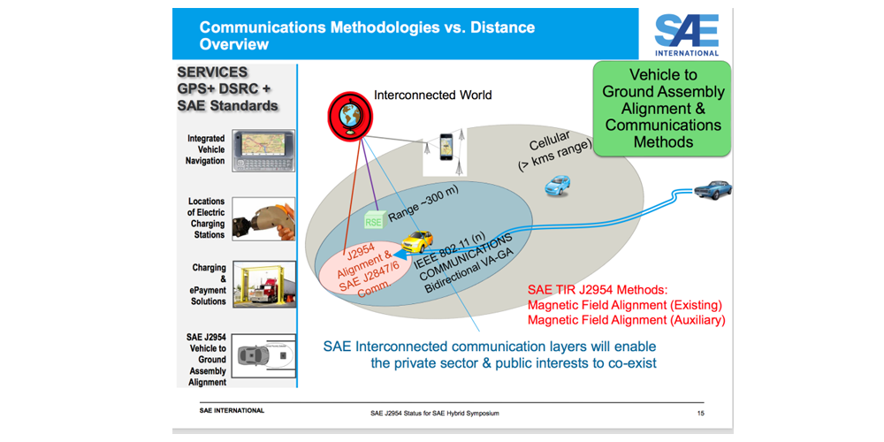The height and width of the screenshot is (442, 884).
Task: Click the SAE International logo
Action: coord(686,34)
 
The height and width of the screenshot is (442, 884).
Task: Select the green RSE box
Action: coord(375,221)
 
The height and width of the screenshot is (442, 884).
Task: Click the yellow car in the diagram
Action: coord(418,241)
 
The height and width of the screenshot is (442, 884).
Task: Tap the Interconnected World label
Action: coord(432,95)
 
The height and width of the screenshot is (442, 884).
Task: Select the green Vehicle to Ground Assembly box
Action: coord(663,108)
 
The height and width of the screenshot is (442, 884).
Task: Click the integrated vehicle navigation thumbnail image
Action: coord(256,151)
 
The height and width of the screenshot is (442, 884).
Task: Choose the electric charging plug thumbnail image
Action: coord(256,217)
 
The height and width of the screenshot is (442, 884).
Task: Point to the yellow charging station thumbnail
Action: coord(256,283)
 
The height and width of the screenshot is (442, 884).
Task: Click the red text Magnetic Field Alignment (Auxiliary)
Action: coord(625,320)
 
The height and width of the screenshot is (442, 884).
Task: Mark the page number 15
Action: coord(699,414)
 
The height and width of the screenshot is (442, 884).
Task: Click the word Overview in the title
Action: coord(234,43)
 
